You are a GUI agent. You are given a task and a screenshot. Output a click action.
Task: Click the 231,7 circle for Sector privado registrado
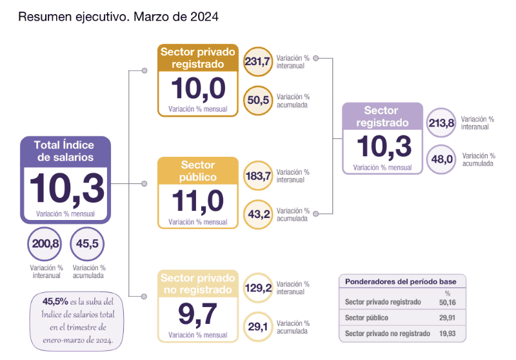pos(257,61)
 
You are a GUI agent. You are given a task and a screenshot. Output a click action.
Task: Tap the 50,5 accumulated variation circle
pos(257,101)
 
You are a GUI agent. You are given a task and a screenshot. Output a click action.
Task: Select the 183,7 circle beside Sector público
pos(257,176)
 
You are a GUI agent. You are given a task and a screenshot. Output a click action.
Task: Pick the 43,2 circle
pos(257,214)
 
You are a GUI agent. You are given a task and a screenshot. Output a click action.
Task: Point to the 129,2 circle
pos(257,288)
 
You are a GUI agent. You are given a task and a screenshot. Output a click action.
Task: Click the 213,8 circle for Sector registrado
pos(441,123)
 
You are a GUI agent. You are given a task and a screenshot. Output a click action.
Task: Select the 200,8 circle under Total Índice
pos(45,244)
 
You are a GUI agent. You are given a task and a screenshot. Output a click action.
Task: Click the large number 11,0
pos(198,201)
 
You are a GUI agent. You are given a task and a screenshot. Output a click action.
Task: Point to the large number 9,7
pos(198,314)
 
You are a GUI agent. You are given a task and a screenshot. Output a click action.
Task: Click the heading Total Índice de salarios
pos(65,151)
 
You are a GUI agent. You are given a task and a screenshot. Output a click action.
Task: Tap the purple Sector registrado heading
pos(382,117)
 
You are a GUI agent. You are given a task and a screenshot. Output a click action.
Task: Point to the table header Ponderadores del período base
pos(401,282)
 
